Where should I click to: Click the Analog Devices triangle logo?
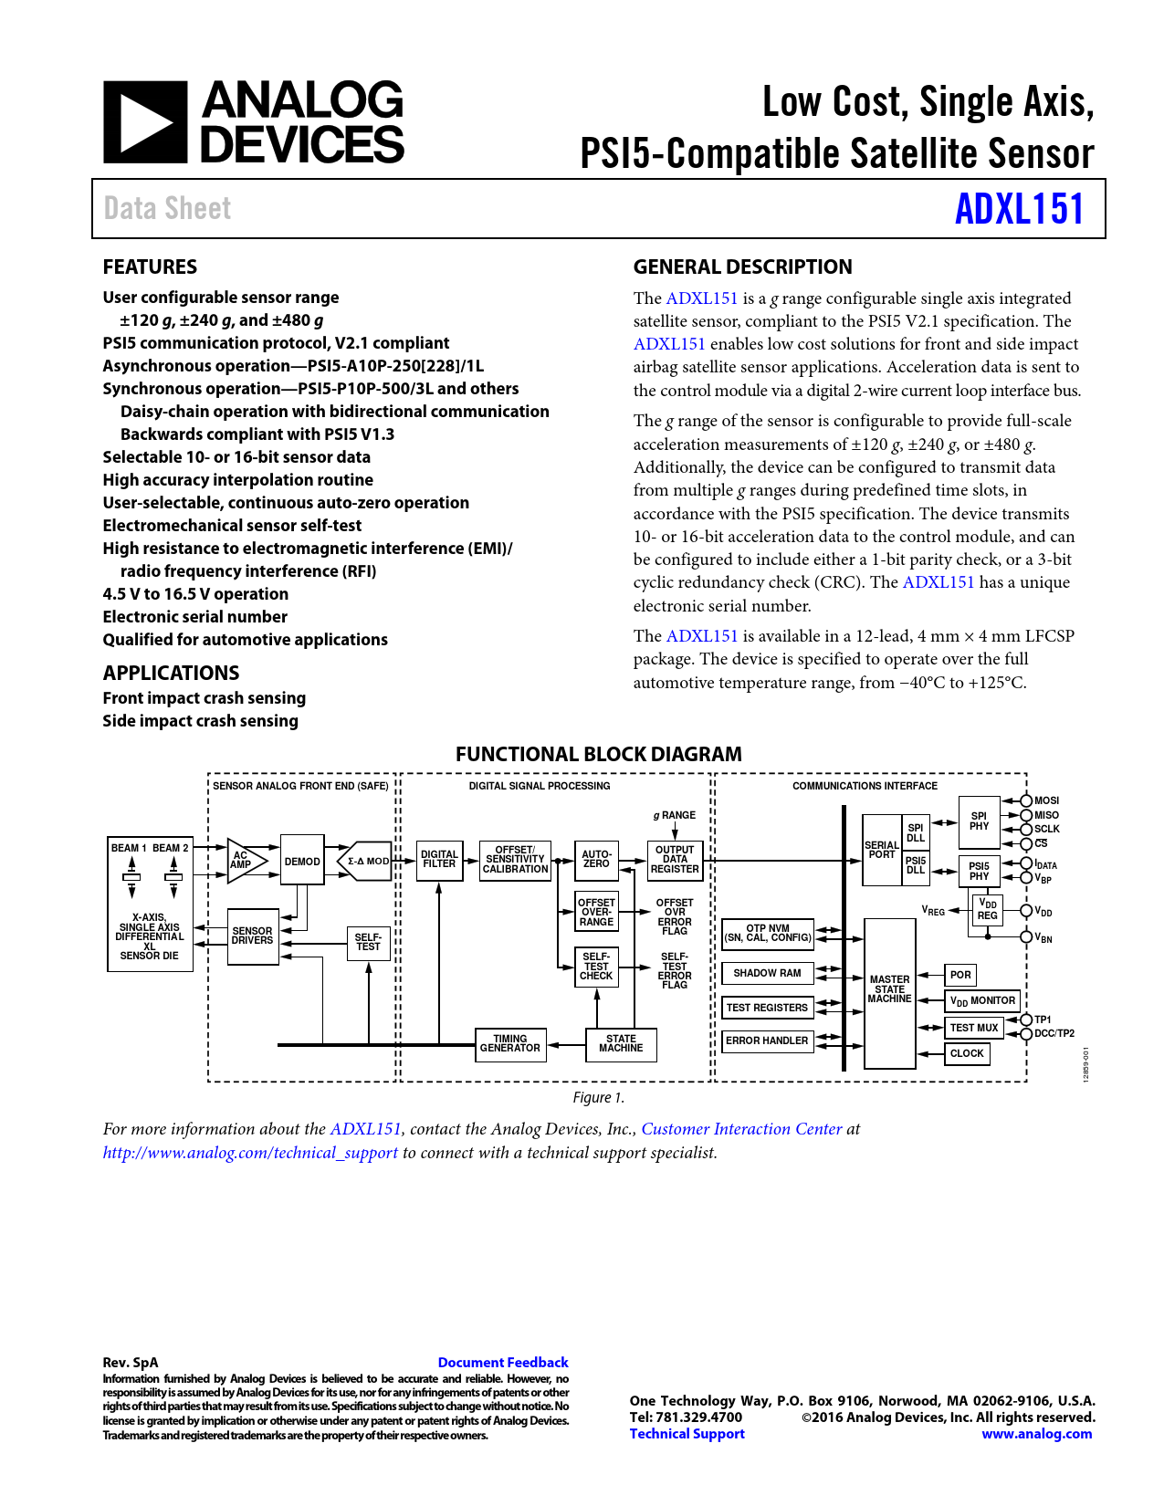[145, 122]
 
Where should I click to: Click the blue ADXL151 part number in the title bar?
[1019, 209]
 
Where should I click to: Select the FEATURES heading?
[150, 267]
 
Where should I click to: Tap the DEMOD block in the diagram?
[302, 861]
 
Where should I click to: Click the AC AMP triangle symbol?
[245, 861]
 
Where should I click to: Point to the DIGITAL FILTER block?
[439, 860]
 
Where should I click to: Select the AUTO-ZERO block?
[596, 860]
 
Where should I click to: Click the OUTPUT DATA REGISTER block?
[675, 860]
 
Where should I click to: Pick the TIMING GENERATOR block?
[510, 1044]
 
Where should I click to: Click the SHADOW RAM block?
[767, 973]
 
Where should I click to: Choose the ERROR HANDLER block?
[767, 1041]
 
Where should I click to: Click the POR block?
[960, 975]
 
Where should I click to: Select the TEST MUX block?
[974, 1028]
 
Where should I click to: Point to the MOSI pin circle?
[1026, 800]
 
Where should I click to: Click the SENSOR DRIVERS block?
[252, 936]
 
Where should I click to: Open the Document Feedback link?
[503, 1363]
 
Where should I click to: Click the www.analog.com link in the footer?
[1036, 1434]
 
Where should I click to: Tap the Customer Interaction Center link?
[741, 1129]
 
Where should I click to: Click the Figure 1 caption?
[598, 1098]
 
